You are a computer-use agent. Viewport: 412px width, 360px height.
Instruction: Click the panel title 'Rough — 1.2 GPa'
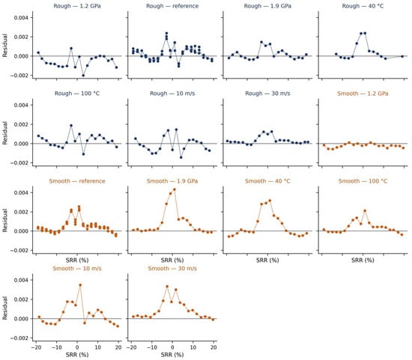tap(77, 6)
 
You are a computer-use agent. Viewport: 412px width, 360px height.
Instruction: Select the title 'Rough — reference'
tap(172, 6)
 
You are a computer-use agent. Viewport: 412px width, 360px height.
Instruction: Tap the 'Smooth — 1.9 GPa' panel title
tap(172, 181)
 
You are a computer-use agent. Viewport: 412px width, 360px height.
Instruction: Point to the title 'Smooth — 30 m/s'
tap(172, 269)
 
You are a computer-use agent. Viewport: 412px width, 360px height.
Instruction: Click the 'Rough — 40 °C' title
tap(363, 6)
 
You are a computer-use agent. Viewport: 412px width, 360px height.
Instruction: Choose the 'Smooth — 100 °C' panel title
tap(363, 181)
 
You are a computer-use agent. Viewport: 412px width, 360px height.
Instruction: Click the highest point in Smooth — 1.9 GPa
tap(175, 189)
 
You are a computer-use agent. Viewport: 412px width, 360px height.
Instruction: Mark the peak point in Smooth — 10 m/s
tap(80, 285)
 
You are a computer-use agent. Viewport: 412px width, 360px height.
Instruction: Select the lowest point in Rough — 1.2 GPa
tap(83, 76)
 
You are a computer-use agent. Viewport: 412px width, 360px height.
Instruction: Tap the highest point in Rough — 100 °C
tap(71, 126)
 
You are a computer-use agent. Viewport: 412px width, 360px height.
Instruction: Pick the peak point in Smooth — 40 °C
tap(270, 201)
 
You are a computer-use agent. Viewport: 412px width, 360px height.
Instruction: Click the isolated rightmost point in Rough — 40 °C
tap(402, 56)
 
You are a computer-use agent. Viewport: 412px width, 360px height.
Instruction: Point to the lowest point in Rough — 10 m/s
tap(181, 157)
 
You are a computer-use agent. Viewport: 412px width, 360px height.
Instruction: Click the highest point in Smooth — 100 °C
tap(365, 211)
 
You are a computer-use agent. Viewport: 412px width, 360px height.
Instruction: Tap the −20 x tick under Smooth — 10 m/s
tap(36, 347)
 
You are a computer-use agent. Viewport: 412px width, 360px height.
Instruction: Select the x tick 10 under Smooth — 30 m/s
tap(193, 347)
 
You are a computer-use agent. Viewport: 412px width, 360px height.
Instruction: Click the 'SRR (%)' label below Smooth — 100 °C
tap(363, 260)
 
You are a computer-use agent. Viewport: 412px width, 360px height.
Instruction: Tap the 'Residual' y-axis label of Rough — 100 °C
tap(4, 133)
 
